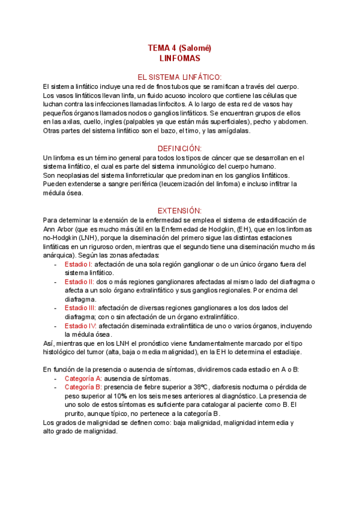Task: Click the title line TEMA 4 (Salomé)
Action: tap(179, 48)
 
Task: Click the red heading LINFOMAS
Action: tap(180, 59)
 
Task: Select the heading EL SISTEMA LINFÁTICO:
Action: tap(180, 77)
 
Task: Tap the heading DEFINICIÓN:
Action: tap(179, 148)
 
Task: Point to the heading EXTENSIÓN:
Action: tap(179, 211)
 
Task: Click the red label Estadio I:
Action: tap(78, 264)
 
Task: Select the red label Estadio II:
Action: tap(79, 282)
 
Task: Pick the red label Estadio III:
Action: tap(80, 308)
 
